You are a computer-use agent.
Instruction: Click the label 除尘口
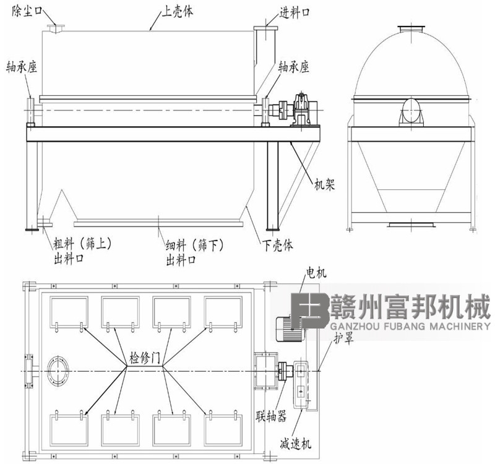point(27,12)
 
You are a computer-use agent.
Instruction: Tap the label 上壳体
point(177,12)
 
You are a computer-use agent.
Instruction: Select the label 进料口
point(295,12)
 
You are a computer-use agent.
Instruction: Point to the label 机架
point(324,184)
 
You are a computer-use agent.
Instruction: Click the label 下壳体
point(277,245)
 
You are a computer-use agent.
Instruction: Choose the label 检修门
point(145,358)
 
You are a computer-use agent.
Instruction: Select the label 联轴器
point(271,416)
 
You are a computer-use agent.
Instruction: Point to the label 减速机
point(295,444)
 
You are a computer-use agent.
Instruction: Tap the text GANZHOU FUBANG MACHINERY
point(410,326)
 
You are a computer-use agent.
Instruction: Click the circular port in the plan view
point(58,371)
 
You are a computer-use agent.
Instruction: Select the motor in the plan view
point(290,329)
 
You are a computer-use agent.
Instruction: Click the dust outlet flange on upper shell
point(56,28)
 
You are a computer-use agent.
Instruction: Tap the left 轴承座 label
point(22,67)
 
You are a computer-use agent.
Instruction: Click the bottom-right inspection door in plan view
point(223,429)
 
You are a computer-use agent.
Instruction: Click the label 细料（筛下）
point(194,245)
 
